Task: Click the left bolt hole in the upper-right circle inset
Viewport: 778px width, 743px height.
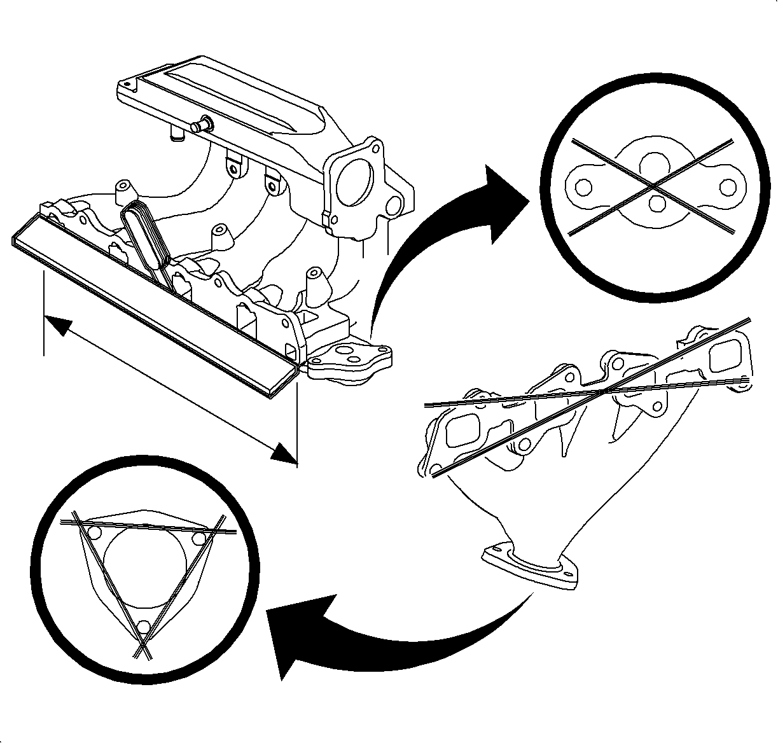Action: point(582,187)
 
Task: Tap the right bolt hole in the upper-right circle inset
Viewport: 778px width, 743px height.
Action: point(728,187)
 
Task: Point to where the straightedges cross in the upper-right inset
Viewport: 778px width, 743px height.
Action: point(654,185)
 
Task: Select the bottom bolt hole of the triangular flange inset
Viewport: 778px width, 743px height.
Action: point(144,627)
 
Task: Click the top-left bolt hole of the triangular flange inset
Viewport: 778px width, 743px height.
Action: point(94,532)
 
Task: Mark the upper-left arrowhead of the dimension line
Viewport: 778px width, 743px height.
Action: point(57,324)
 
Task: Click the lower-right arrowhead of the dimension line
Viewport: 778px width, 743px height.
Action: point(284,453)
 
